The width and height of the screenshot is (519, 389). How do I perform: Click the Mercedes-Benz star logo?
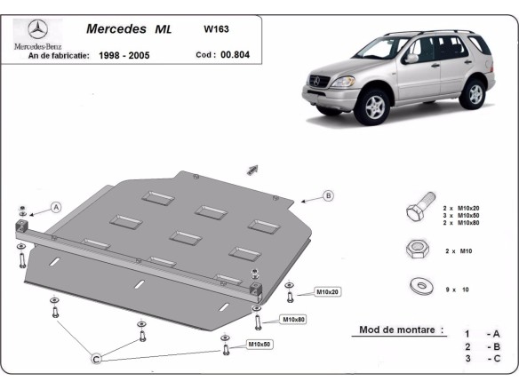point(35,29)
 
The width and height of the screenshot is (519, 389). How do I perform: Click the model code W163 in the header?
point(215,28)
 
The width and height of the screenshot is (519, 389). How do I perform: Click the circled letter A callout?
point(56,207)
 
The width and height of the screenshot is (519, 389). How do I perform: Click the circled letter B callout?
point(328,195)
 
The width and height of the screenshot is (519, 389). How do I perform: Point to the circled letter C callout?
point(97,359)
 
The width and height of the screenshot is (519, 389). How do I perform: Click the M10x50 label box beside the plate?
point(259,344)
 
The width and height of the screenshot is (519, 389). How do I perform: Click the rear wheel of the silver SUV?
point(475,91)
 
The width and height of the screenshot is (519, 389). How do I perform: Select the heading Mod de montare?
point(401,329)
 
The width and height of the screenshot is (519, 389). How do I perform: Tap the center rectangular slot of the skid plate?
point(185,237)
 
